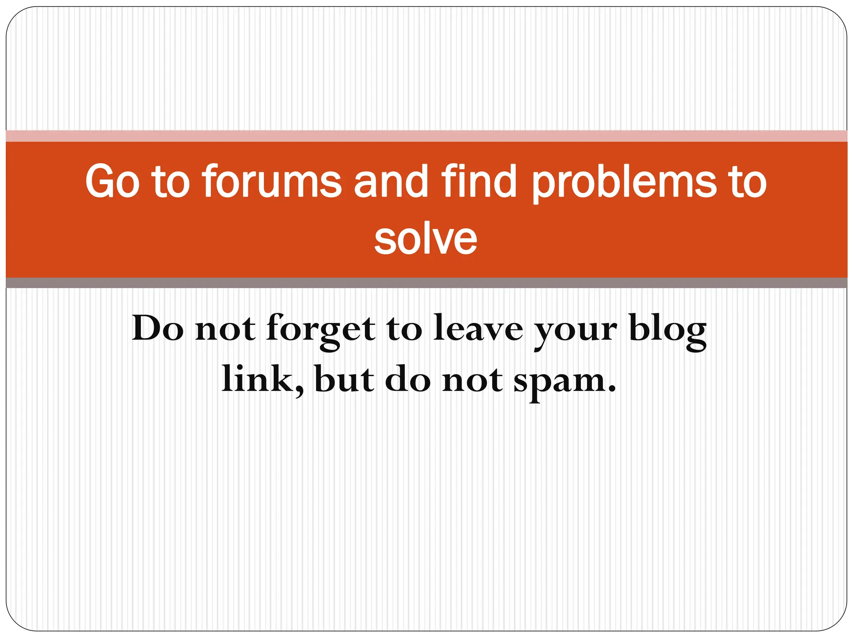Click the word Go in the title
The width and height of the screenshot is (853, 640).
[x=112, y=182]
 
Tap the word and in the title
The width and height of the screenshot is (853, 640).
[x=391, y=182]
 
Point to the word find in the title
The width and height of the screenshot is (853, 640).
[x=479, y=182]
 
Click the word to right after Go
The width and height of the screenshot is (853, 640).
[x=171, y=182]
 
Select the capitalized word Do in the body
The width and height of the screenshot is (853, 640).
[x=157, y=328]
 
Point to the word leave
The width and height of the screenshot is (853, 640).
[x=478, y=328]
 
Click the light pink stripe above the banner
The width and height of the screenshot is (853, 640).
[x=426, y=136]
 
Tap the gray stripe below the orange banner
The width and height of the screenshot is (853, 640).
[x=426, y=283]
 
